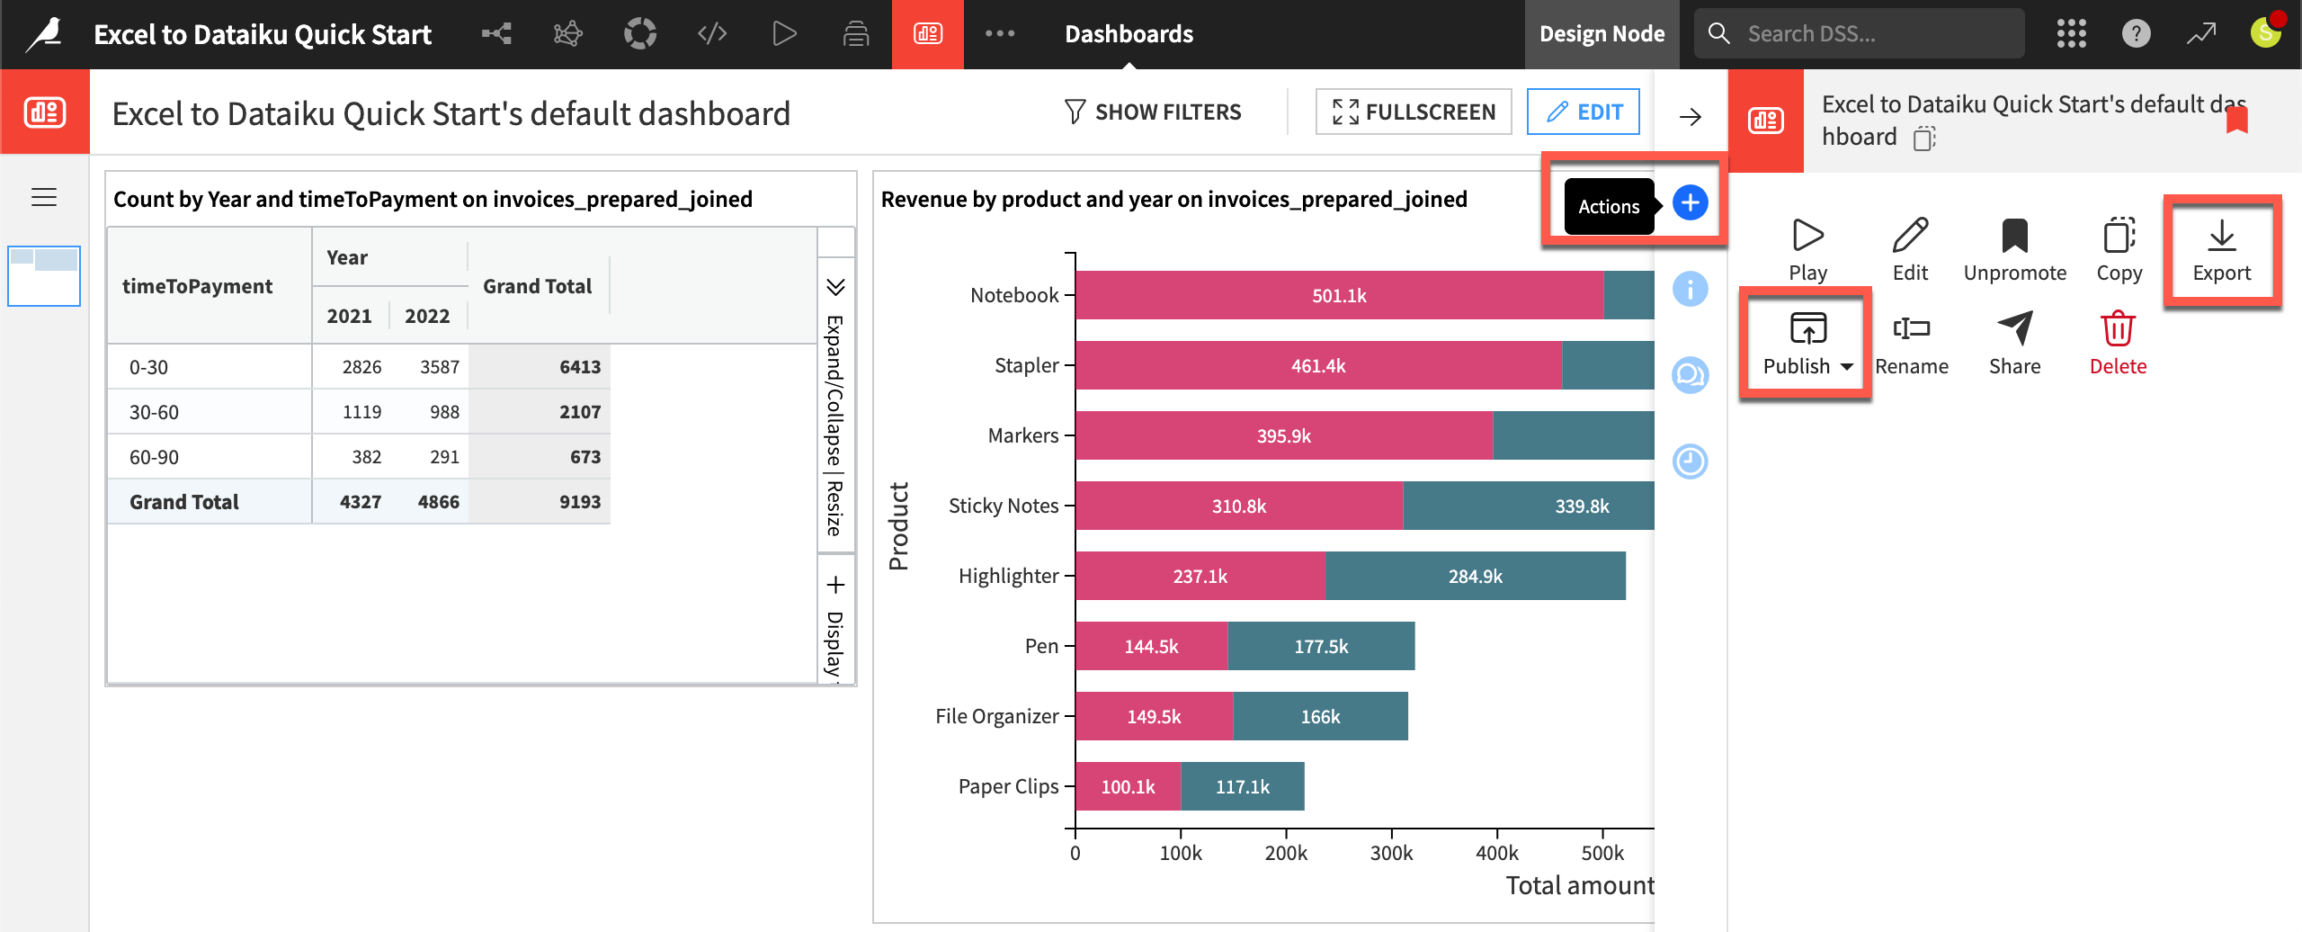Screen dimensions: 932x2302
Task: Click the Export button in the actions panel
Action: [x=2221, y=251]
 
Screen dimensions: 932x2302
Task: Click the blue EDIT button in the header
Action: [x=1584, y=112]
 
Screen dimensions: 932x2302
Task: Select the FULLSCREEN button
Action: [x=1414, y=112]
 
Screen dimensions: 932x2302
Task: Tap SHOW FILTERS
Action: [x=1153, y=112]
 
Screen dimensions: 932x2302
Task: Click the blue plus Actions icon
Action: [x=1690, y=202]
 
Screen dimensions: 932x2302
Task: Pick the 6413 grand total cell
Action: [x=579, y=367]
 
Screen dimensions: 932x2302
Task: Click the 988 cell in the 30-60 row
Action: [x=444, y=412]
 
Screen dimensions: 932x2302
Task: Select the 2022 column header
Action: [x=427, y=316]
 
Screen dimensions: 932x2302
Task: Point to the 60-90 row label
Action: [x=154, y=457]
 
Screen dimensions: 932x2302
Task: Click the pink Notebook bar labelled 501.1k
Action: [x=1338, y=295]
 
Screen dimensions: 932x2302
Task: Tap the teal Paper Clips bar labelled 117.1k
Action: [x=1243, y=786]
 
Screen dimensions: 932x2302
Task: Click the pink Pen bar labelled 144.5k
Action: [x=1151, y=646]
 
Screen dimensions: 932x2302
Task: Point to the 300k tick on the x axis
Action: [x=1391, y=852]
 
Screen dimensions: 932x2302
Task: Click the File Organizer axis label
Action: [x=996, y=716]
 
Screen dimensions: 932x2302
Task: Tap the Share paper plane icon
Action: [x=2014, y=329]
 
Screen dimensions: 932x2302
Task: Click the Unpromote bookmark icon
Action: [x=2014, y=236]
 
